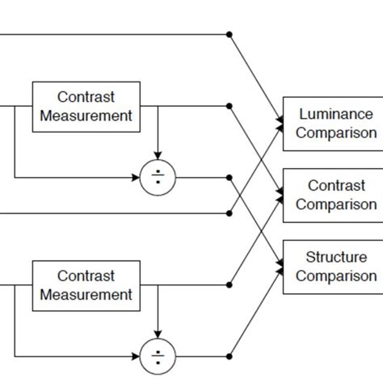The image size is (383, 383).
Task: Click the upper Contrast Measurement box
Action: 85,106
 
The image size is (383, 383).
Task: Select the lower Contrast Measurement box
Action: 85,285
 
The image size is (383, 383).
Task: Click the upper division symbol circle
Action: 157,177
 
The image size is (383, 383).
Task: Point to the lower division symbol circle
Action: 157,356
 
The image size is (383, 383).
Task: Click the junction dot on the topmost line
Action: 229,35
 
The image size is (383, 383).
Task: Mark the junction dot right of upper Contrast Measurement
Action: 229,106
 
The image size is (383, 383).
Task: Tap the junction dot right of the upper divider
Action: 229,177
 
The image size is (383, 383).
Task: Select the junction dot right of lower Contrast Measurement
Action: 229,285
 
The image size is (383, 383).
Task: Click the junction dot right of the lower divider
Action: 229,356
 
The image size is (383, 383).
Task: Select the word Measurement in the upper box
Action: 85,116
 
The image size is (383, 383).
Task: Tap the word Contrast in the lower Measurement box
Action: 85,276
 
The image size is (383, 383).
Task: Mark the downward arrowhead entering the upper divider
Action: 157,155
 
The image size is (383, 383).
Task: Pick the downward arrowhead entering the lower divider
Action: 157,335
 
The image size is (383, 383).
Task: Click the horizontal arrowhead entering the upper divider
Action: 135,177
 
